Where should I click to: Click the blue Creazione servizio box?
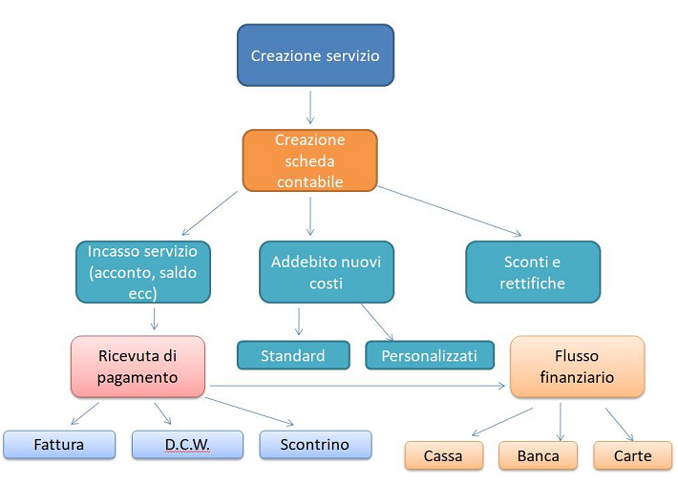316,55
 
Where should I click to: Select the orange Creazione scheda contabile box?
310,160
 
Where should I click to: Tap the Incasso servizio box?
143,272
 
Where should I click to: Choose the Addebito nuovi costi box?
327,272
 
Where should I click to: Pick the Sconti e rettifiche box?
533,272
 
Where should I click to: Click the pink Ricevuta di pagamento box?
138,367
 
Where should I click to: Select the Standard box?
293,355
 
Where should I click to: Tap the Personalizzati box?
430,355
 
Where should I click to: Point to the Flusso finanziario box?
577,367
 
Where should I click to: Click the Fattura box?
59,444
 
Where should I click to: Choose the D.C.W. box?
188,444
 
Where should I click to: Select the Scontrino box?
315,444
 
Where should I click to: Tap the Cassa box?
444,455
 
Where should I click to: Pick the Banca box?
538,455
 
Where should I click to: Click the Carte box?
632,455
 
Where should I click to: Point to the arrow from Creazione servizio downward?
310,107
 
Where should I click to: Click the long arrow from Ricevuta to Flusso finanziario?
357,386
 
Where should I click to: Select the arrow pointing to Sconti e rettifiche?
449,211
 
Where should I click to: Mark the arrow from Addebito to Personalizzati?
377,323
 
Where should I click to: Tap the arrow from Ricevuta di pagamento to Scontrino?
249,411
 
